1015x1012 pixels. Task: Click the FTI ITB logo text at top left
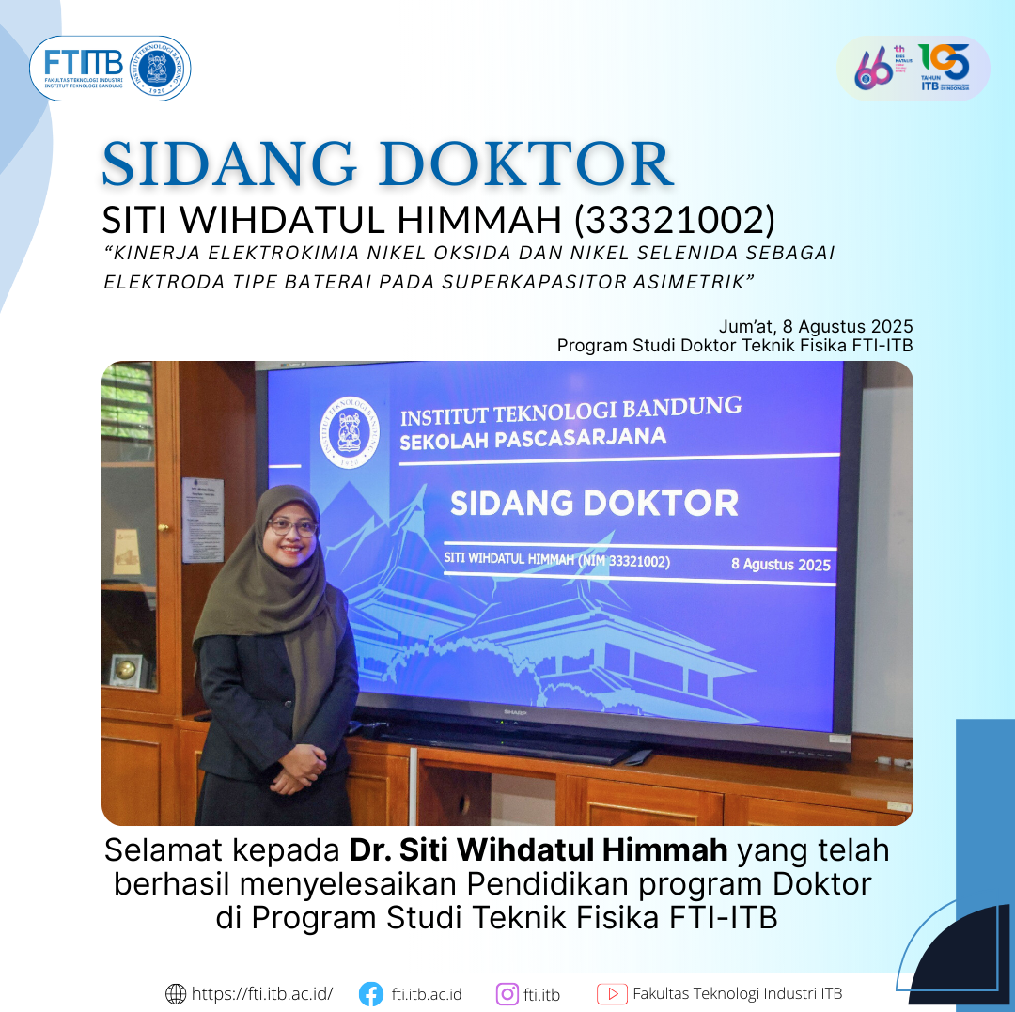(x=84, y=64)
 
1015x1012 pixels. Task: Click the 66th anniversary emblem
(x=878, y=68)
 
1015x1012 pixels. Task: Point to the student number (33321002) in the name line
(x=674, y=220)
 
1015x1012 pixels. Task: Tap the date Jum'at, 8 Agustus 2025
(x=816, y=326)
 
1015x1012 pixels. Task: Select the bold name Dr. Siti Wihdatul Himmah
(x=539, y=850)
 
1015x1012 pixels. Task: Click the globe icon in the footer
(x=176, y=993)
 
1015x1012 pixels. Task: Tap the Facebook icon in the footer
(x=371, y=993)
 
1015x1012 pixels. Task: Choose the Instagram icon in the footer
(x=507, y=993)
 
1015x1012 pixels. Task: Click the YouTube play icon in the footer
(x=612, y=993)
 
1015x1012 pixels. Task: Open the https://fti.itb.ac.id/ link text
(x=262, y=993)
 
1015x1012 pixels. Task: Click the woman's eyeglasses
(x=292, y=526)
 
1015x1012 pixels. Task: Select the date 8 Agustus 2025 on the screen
(x=780, y=564)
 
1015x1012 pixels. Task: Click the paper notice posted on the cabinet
(x=202, y=519)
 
